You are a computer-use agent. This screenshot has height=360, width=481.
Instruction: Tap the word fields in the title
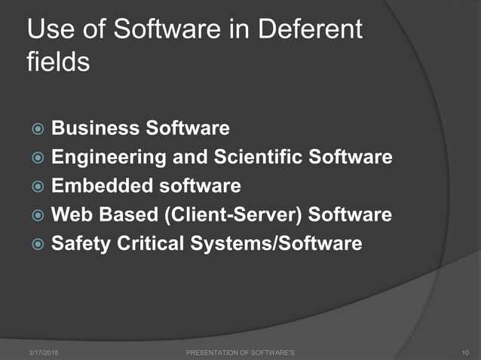pyautogui.click(x=58, y=60)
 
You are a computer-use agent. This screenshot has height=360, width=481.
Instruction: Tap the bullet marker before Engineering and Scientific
pyautogui.click(x=36, y=158)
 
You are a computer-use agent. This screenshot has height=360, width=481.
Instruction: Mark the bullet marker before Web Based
pyautogui.click(x=36, y=215)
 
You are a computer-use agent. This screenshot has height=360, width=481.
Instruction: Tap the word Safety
pyautogui.click(x=80, y=244)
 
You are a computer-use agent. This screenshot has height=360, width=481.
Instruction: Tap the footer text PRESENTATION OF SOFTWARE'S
pyautogui.click(x=240, y=352)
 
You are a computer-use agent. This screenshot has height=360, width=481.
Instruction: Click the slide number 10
pyautogui.click(x=464, y=352)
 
